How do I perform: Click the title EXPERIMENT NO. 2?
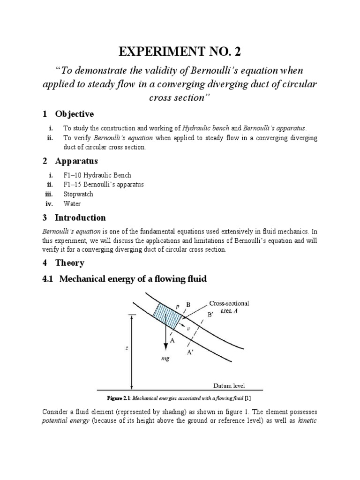pyautogui.click(x=180, y=51)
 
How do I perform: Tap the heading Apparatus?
pyautogui.click(x=76, y=161)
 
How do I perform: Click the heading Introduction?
pyautogui.click(x=80, y=217)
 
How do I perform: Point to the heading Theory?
pyautogui.click(x=69, y=263)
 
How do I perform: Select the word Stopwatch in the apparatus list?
pyautogui.click(x=78, y=194)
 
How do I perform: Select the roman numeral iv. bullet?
pyautogui.click(x=50, y=204)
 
